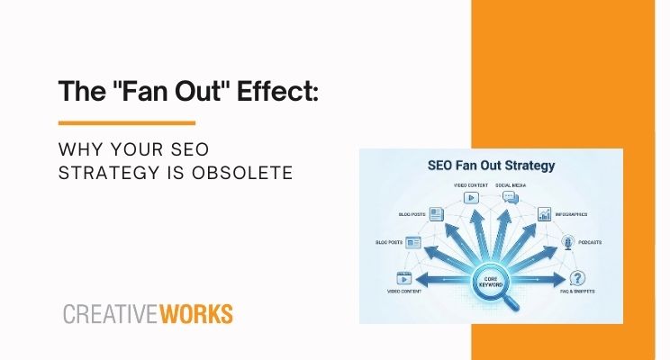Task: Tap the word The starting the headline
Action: (80, 92)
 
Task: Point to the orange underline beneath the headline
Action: (126, 122)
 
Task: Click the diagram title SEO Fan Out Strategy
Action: (478, 166)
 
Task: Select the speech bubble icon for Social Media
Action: (513, 197)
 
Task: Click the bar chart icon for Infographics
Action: (545, 214)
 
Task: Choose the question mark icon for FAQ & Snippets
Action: (578, 278)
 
